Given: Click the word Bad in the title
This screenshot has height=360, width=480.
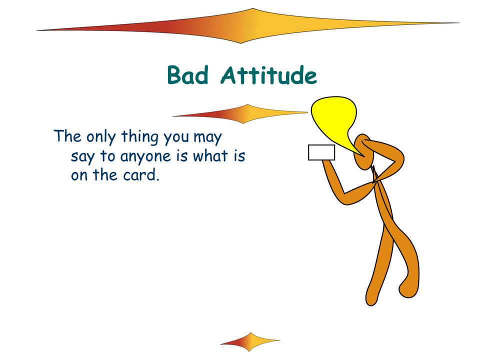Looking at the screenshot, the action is coord(188,75).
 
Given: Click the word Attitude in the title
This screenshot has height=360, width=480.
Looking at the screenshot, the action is coord(269,75).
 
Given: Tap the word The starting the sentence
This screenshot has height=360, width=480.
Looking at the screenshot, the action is coord(67,136).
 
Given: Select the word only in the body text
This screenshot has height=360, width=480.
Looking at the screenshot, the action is coord(101,137).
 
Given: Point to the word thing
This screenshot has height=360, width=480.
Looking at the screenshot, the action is coord(140,137).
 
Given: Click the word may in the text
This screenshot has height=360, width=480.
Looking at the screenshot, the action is coord(207,138).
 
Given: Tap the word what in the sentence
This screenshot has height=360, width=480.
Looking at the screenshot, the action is coord(210,156).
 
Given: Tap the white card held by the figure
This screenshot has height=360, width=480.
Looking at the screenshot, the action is coord(321,152).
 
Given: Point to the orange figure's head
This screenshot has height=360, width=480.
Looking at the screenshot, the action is coord(363,152).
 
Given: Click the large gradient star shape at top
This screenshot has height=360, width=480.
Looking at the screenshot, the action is coord(248,26).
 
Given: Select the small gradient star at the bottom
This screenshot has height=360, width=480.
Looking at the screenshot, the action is coord(250,341).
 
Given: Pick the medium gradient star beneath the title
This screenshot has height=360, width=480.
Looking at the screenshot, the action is coord(240,114).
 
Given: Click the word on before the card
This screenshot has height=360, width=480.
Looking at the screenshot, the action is coord(79,175).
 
